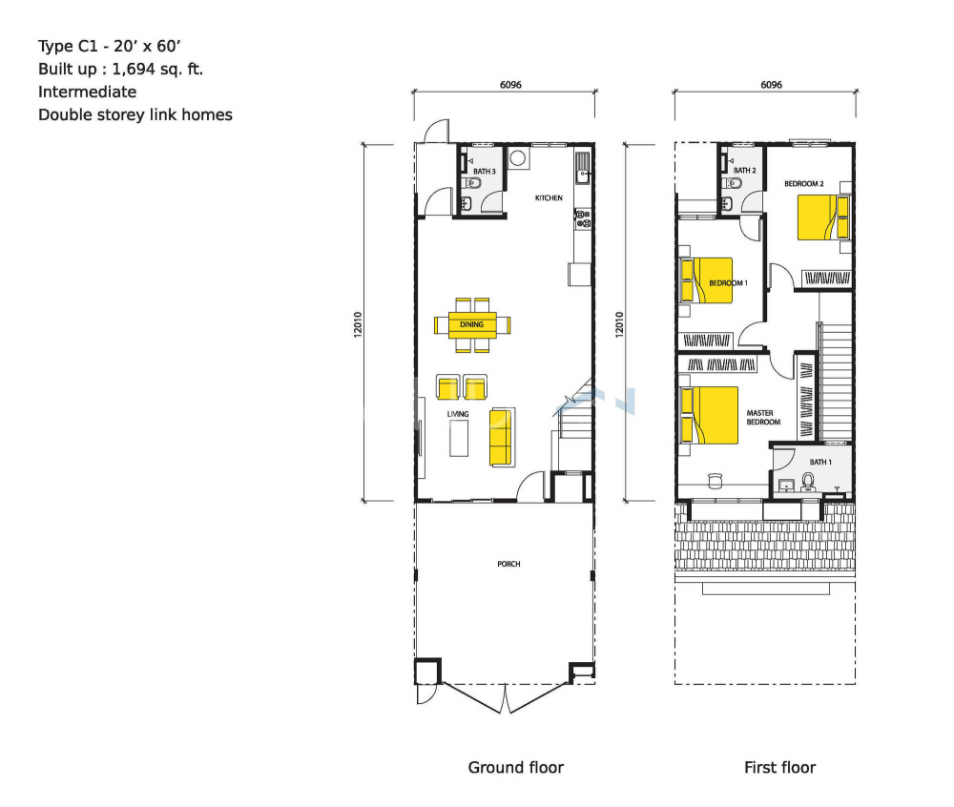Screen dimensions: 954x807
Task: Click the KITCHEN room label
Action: [549, 197]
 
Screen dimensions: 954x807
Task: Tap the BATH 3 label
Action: [485, 172]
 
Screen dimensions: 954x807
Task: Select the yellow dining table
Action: [472, 324]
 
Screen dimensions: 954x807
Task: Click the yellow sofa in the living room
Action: [501, 437]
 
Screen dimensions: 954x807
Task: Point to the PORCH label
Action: [508, 564]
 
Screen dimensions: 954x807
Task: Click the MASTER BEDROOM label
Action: [763, 417]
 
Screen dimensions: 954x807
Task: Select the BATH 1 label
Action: [820, 463]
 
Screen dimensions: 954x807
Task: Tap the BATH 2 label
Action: [745, 171]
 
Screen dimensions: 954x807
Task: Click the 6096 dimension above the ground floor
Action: [510, 85]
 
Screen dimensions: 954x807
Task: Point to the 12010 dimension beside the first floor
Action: [619, 324]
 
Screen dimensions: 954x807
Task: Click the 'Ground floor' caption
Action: [516, 768]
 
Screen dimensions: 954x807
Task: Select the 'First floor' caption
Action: [780, 768]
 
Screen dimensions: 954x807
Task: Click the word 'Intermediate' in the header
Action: [87, 92]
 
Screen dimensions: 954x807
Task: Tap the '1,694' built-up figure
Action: [134, 70]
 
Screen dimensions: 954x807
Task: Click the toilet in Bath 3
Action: [472, 183]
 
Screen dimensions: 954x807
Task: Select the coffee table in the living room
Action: [459, 438]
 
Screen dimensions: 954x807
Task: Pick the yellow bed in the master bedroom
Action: [710, 415]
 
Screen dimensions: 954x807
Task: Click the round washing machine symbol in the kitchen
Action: [518, 158]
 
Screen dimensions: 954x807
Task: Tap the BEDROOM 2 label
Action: [803, 184]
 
